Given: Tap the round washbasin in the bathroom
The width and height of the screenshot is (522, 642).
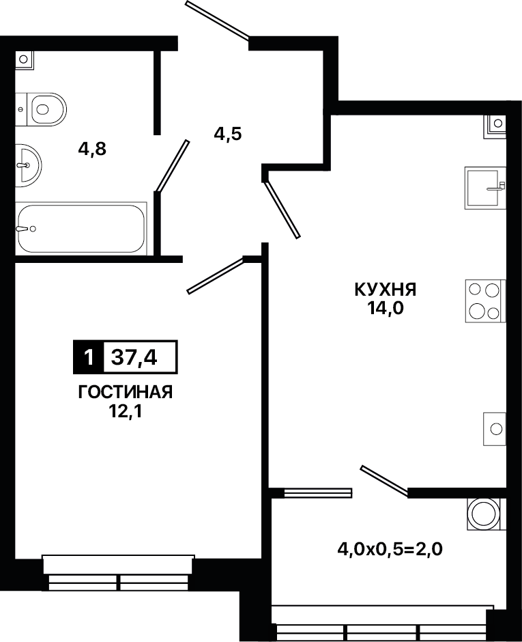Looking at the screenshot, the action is (x=28, y=165).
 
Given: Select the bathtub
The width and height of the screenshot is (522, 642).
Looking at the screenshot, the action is (x=81, y=229).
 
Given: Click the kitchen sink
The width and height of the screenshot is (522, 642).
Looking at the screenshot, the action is (x=485, y=188).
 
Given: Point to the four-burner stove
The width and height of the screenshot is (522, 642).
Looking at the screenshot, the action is (x=486, y=301).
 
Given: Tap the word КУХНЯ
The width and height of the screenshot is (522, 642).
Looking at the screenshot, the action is (x=386, y=290).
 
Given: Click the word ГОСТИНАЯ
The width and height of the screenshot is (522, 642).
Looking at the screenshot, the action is (x=125, y=392).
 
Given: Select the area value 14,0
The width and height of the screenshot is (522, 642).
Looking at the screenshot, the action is (x=386, y=309).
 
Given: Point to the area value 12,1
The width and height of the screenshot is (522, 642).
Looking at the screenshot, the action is (x=125, y=411).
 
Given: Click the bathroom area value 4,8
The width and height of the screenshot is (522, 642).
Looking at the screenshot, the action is (x=92, y=150).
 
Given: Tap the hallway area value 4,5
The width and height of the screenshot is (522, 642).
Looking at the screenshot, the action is (x=228, y=134).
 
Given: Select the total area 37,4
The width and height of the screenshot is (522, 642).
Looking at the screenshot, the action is (x=134, y=357).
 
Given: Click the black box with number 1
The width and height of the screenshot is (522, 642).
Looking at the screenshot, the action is (x=88, y=357).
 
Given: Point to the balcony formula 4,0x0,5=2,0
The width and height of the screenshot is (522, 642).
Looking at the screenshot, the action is (x=390, y=548).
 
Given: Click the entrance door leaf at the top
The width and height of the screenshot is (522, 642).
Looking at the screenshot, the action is (x=217, y=20).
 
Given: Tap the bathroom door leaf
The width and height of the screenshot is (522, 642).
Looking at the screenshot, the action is (x=172, y=166).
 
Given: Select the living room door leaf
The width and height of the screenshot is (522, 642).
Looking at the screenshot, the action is (x=216, y=275).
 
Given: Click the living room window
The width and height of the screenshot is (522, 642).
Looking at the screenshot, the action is (x=119, y=573).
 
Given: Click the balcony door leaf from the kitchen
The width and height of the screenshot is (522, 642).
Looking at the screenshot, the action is (x=384, y=482).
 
